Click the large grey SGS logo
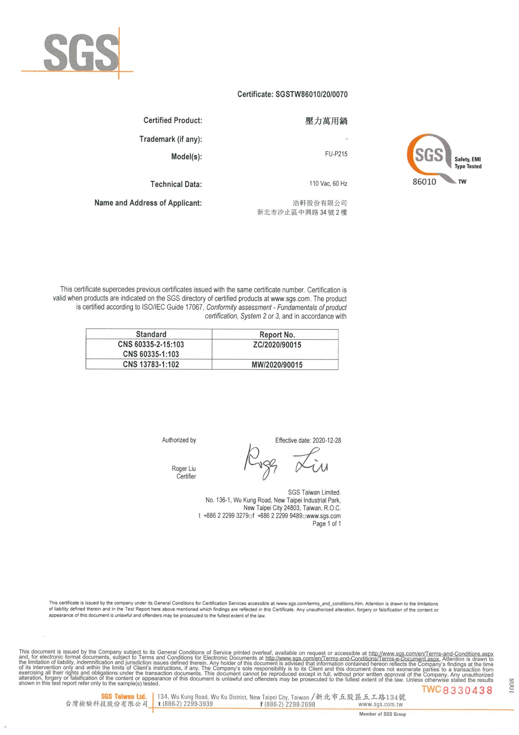81,53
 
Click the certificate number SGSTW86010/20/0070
311,94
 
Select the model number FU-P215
336,154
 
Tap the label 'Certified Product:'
172,120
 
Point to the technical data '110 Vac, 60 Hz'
328,184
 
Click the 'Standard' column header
151,334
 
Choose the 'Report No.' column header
277,335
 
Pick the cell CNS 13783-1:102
151,364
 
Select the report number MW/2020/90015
277,365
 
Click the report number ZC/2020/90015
277,345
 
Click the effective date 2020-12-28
327,440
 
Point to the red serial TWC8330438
457,690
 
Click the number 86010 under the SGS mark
424,182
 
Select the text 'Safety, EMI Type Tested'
468,163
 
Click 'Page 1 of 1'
326,524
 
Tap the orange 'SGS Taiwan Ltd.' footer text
124,696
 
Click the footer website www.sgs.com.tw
380,704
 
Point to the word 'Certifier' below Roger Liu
186,476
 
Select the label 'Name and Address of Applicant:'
148,203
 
